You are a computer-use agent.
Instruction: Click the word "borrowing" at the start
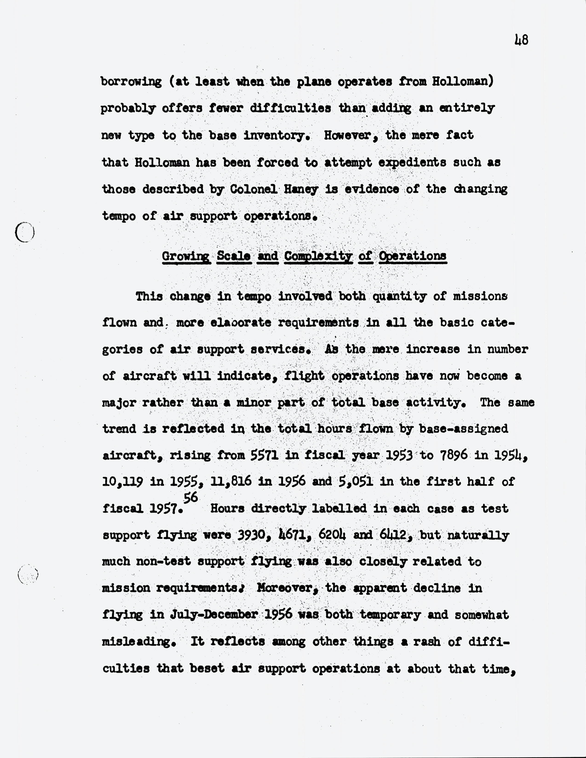pyautogui.click(x=131, y=82)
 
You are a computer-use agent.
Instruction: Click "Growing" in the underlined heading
pyautogui.click(x=186, y=256)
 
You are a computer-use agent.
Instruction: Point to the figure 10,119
pyautogui.click(x=123, y=482)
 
